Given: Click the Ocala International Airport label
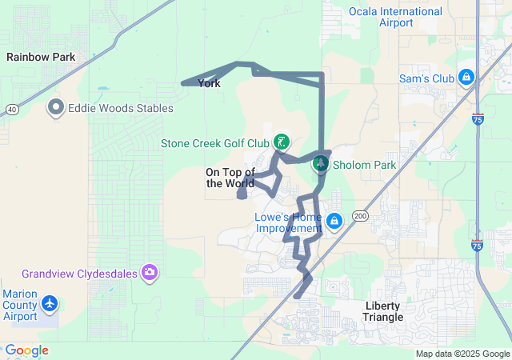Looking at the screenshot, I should point(395,17).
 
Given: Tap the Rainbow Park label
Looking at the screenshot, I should point(41,57).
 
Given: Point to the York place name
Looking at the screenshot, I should point(209,83).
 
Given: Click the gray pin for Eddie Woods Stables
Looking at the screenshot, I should point(56,106).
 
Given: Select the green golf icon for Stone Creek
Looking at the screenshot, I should point(281,142).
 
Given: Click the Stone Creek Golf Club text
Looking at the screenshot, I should point(215,144).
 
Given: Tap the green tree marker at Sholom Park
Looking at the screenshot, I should point(320,163).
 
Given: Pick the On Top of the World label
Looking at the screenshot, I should point(230,178).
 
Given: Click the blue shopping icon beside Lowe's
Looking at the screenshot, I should point(334,221).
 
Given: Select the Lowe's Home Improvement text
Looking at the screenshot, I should point(288,222).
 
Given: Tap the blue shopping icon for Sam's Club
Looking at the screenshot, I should point(466,78).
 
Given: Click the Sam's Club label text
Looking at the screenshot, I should point(426,78).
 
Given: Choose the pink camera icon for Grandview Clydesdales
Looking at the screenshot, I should point(149,274).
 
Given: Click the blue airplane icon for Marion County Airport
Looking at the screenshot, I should point(51,303).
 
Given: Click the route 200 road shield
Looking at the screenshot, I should point(360,216).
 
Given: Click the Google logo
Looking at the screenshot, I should point(26,350).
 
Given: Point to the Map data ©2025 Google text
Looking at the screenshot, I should point(462,354).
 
